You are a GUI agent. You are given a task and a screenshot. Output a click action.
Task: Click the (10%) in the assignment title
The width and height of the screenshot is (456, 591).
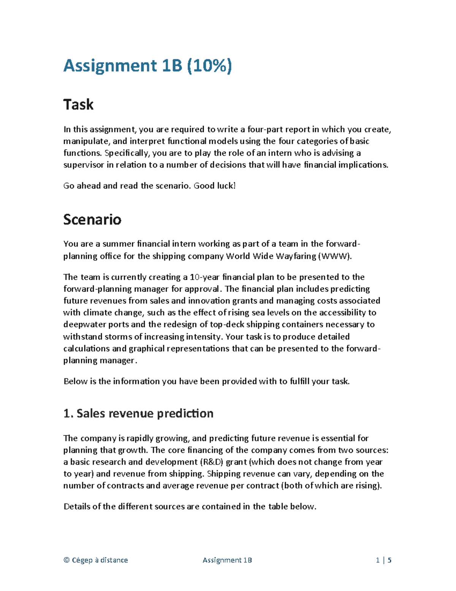209,65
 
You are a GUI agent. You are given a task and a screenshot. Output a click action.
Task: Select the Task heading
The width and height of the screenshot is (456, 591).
78,104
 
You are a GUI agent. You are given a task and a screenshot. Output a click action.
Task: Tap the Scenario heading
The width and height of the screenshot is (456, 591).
92,219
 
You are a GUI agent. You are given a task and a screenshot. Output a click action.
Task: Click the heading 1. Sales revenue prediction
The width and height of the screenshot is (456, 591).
138,413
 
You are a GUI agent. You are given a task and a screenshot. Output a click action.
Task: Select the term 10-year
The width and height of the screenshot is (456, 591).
205,277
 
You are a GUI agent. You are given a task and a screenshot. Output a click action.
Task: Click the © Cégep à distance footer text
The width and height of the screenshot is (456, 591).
95,560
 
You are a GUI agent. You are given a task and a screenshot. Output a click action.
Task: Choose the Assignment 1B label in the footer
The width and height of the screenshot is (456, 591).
227,560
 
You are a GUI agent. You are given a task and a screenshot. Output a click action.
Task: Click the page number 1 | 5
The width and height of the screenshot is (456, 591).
384,560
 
